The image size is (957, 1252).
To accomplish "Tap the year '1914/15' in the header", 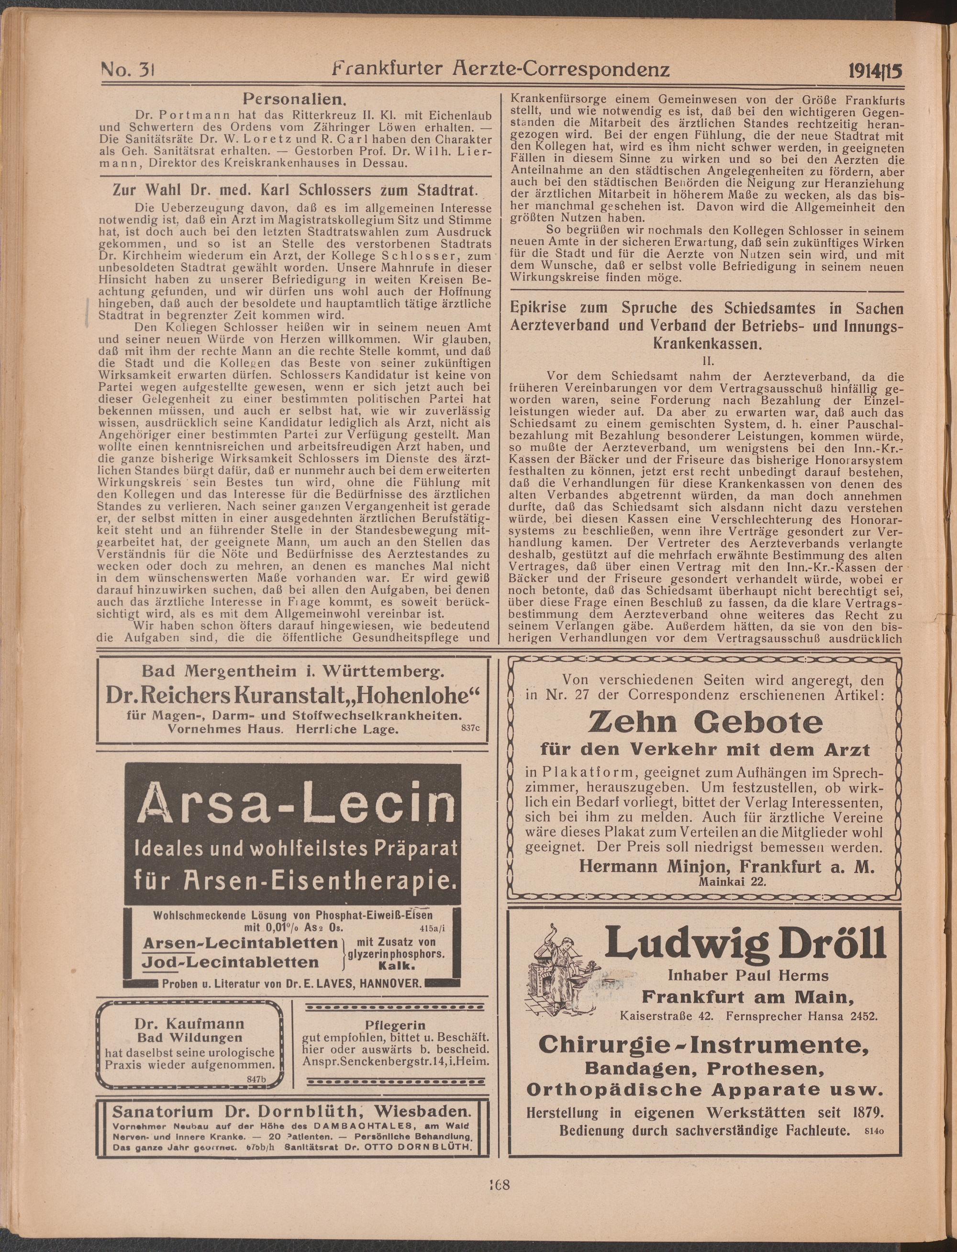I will pos(870,71).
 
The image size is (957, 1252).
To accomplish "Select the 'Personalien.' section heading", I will pos(292,100).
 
